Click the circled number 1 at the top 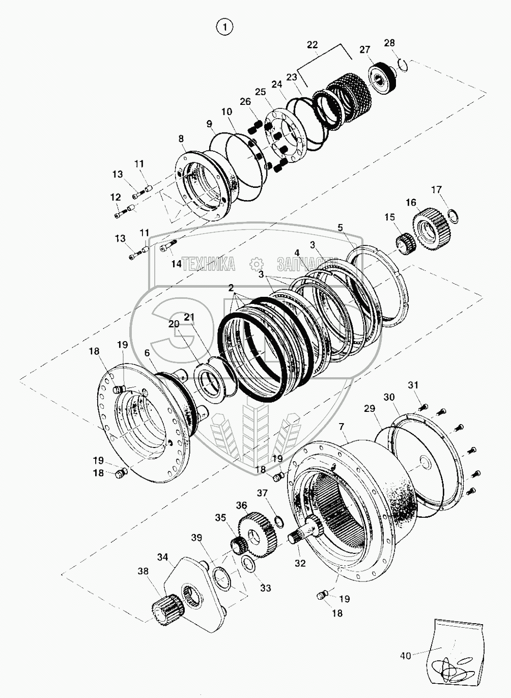[224, 27]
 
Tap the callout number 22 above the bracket [312, 45]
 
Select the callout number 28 [389, 43]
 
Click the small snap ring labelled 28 [404, 65]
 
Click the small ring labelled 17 [453, 216]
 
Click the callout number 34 [162, 557]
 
